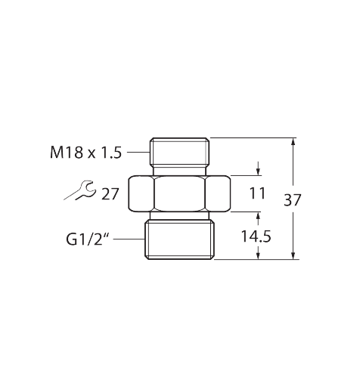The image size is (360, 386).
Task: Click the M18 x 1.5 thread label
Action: pyautogui.click(x=86, y=153)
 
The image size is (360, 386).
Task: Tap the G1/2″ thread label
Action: pyautogui.click(x=88, y=239)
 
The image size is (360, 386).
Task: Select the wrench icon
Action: pyautogui.click(x=80, y=190)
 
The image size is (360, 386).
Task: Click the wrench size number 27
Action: pyautogui.click(x=110, y=194)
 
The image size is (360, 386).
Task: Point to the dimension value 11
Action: pyautogui.click(x=257, y=193)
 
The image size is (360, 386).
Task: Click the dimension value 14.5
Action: pyautogui.click(x=256, y=236)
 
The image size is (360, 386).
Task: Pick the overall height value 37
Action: pyautogui.click(x=293, y=200)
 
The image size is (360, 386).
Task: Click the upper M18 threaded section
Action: pyautogui.click(x=179, y=152)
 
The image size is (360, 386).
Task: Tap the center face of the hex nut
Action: pyautogui.click(x=179, y=193)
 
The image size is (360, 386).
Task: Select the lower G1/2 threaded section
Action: pyautogui.click(x=179, y=239)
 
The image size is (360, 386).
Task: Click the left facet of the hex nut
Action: pyautogui.click(x=141, y=193)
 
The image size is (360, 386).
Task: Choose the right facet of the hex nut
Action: pyautogui.click(x=218, y=193)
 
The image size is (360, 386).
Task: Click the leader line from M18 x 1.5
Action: pyautogui.click(x=138, y=152)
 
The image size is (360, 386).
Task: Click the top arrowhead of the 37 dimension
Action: pyautogui.click(x=293, y=141)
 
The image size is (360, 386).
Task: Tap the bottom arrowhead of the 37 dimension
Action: pyautogui.click(x=293, y=255)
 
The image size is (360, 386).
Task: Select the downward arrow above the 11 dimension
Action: pyautogui.click(x=258, y=168)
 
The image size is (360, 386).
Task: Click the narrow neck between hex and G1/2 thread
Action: pyautogui.click(x=179, y=216)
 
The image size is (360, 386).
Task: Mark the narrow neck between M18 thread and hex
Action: pyautogui.click(x=179, y=171)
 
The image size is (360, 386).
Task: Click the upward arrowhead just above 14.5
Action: pyautogui.click(x=258, y=216)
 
